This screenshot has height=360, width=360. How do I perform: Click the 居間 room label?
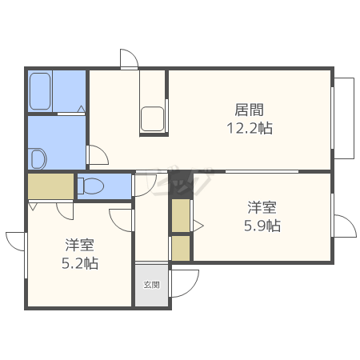point(250,110)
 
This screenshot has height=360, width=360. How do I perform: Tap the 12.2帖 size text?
point(250,128)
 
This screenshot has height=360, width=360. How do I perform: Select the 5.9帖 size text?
point(262,226)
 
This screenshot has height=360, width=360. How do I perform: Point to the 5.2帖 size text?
point(80,262)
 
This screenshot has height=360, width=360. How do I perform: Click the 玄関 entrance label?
point(151,284)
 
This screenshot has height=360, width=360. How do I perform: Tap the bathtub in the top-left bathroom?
point(42,92)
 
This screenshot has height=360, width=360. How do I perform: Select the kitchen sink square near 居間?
point(153,118)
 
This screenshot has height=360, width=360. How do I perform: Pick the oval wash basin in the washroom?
point(36,158)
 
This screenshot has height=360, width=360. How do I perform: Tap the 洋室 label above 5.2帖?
point(80,245)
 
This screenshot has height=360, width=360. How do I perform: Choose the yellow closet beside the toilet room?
point(50,186)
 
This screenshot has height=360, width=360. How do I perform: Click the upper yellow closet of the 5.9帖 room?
point(181,215)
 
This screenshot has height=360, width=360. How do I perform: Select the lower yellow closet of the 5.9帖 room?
point(181,248)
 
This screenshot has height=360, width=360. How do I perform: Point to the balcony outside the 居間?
point(344,118)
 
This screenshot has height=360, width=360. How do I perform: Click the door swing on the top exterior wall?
point(130,60)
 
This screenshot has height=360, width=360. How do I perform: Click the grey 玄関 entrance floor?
point(151,290)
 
